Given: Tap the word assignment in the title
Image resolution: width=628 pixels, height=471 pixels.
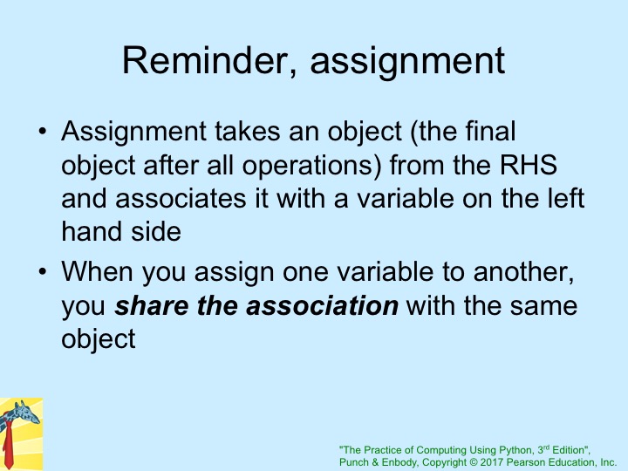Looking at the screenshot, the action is pos(407,64).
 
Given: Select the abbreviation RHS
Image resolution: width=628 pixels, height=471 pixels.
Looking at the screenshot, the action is pos(529,165).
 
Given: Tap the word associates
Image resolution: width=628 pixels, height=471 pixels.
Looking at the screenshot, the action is pos(181,199).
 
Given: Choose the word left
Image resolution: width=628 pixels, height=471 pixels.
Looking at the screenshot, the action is pos(566,198).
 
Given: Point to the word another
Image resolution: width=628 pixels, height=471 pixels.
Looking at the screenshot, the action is pos(523,272).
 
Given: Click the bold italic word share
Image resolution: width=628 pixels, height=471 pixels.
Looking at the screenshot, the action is pos(152,305).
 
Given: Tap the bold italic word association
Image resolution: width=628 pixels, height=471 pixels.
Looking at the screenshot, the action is pos(322,305).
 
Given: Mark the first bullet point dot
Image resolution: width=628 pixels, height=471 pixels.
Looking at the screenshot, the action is pos(43,132).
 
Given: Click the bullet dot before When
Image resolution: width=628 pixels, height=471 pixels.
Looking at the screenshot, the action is pos(43,271).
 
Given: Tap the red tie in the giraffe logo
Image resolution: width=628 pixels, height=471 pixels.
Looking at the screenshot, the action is pos(8,446).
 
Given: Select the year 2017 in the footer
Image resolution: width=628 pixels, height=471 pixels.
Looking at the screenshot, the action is pos(491,462).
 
